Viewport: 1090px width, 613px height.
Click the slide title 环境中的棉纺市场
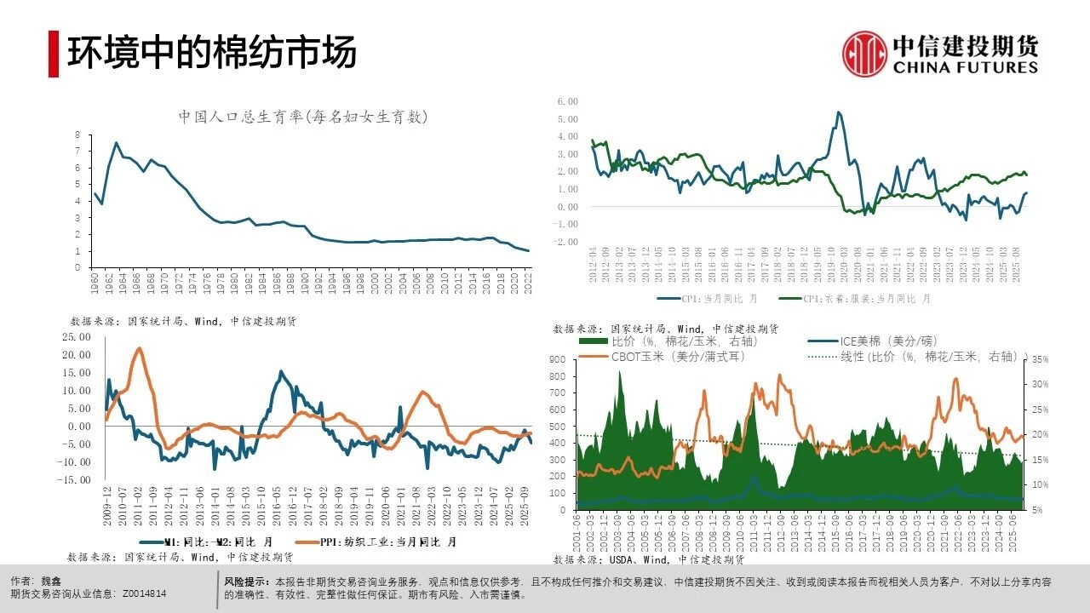click(211, 53)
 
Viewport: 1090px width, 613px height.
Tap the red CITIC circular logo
click(864, 54)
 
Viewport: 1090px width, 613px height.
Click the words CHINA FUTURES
click(966, 68)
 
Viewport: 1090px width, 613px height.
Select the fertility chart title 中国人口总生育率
click(302, 117)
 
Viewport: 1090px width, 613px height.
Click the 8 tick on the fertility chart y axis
click(77, 135)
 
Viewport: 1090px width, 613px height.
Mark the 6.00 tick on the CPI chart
click(567, 100)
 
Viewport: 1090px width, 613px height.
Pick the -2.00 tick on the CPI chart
click(565, 242)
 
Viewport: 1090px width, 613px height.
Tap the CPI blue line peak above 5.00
click(839, 112)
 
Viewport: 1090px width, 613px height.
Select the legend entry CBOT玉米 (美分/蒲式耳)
click(678, 357)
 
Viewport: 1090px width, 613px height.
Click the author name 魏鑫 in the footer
click(50, 580)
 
